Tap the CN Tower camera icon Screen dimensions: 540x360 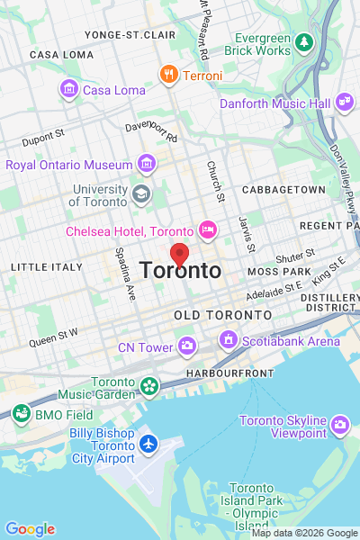pyautogui.click(x=186, y=345)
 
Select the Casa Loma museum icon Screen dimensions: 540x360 pyautogui.click(x=68, y=89)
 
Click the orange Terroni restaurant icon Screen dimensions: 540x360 pyautogui.click(x=167, y=75)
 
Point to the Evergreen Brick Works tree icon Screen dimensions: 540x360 pyautogui.click(x=304, y=41)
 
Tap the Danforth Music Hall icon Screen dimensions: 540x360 pyautogui.click(x=343, y=103)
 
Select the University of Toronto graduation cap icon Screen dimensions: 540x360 pyautogui.click(x=140, y=193)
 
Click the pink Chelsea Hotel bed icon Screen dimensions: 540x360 pyautogui.click(x=208, y=231)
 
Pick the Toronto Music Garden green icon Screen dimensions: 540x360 pyautogui.click(x=148, y=387)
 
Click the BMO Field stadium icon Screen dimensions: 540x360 pyautogui.click(x=21, y=414)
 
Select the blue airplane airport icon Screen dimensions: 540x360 pyautogui.click(x=148, y=445)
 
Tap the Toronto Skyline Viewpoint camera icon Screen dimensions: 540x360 pyautogui.click(x=339, y=424)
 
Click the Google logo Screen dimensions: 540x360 pyautogui.click(x=30, y=529)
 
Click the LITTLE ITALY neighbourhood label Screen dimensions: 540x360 pyautogui.click(x=40, y=267)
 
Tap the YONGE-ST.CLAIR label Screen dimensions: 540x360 pyautogui.click(x=130, y=34)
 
